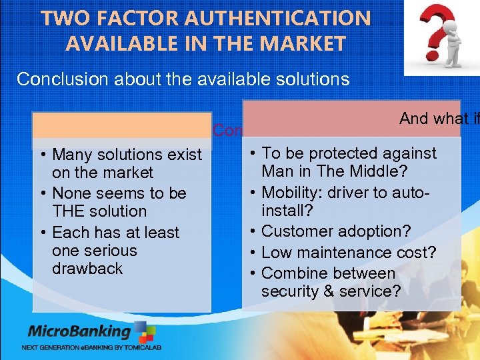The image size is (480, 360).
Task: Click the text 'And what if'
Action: point(439,119)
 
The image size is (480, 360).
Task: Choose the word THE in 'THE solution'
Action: point(66,211)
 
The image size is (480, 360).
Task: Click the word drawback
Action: point(87,269)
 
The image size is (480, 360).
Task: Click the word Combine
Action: point(293,273)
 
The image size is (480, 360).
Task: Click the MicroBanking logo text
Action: point(79,331)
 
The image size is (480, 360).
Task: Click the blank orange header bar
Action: point(121,125)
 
